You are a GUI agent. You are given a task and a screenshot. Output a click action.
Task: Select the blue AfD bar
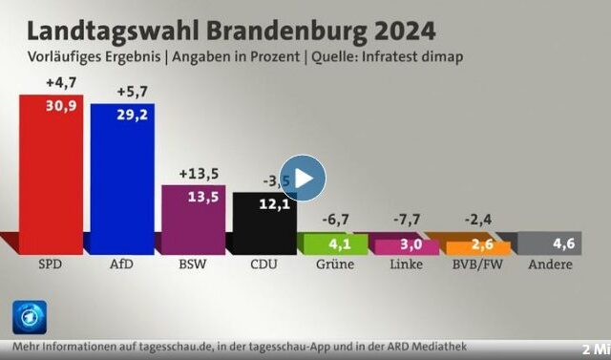pyautogui.click(x=122, y=177)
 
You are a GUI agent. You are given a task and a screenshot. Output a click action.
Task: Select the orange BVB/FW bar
pyautogui.click(x=478, y=247)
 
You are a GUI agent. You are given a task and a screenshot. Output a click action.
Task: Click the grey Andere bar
pyautogui.click(x=550, y=244)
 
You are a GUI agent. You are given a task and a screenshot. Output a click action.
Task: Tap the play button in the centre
pyautogui.click(x=303, y=178)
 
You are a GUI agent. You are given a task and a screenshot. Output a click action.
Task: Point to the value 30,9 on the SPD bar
pyautogui.click(x=59, y=105)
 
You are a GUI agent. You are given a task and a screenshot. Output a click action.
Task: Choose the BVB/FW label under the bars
pyautogui.click(x=478, y=265)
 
